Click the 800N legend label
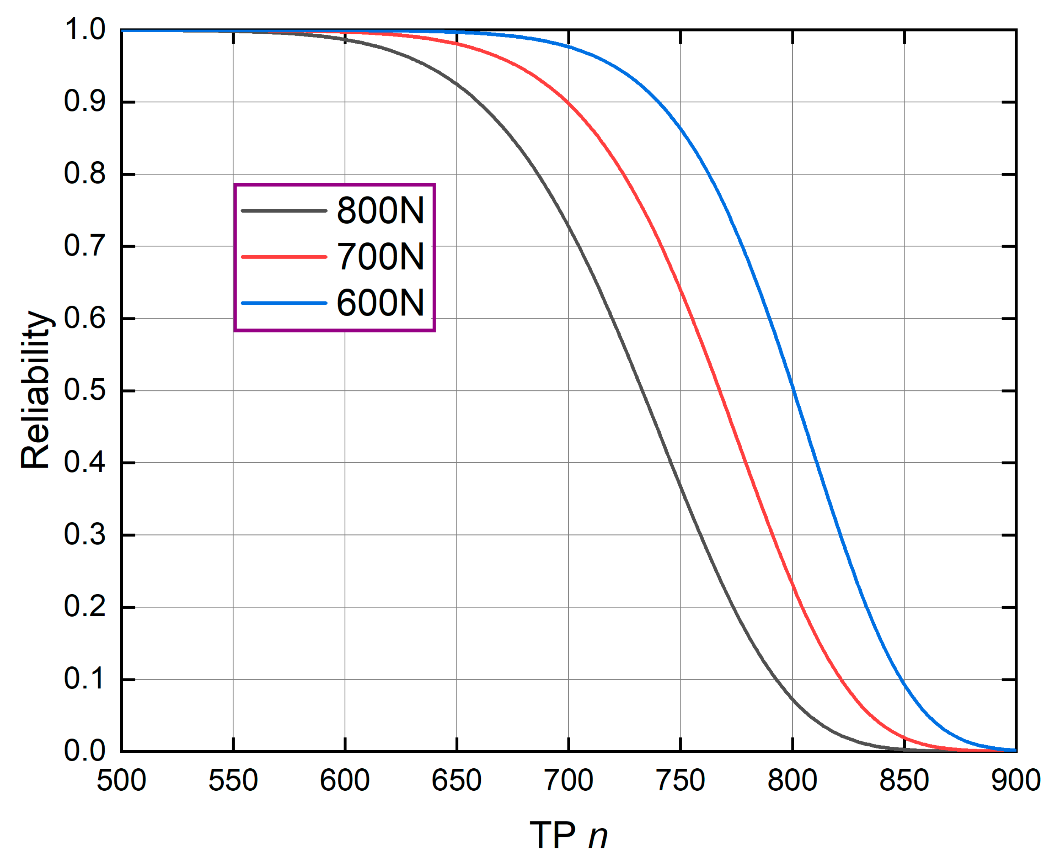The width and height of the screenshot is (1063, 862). coord(380,210)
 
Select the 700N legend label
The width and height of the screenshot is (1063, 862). coord(380,257)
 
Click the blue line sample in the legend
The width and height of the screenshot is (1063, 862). coord(284,303)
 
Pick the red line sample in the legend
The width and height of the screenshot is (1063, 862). coord(284,257)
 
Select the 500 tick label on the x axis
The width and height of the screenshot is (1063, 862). coord(121,780)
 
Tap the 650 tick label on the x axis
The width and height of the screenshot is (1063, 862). coord(456,780)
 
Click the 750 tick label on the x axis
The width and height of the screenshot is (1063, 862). coord(680,780)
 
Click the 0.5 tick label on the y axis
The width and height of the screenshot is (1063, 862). coord(85,390)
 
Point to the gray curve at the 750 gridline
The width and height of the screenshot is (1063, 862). coord(680,484)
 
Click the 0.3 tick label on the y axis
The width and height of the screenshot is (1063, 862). coord(85,535)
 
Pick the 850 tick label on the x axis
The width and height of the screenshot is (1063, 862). coord(904,780)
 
